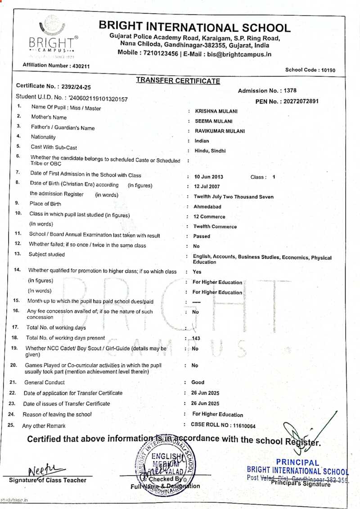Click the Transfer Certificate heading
pos(178,81)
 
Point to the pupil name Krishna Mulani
pos(216,111)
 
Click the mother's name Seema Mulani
pos(213,121)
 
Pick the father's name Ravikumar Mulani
pos(220,131)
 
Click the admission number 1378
pos(288,91)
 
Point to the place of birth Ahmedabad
pos(207,207)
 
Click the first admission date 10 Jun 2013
pos(208,177)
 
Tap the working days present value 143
pos(196,338)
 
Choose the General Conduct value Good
pos(198,382)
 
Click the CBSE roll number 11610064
pos(243,425)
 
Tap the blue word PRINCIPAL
pos(297,462)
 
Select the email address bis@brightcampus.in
pos(239,54)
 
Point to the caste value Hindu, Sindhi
pos(210,151)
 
